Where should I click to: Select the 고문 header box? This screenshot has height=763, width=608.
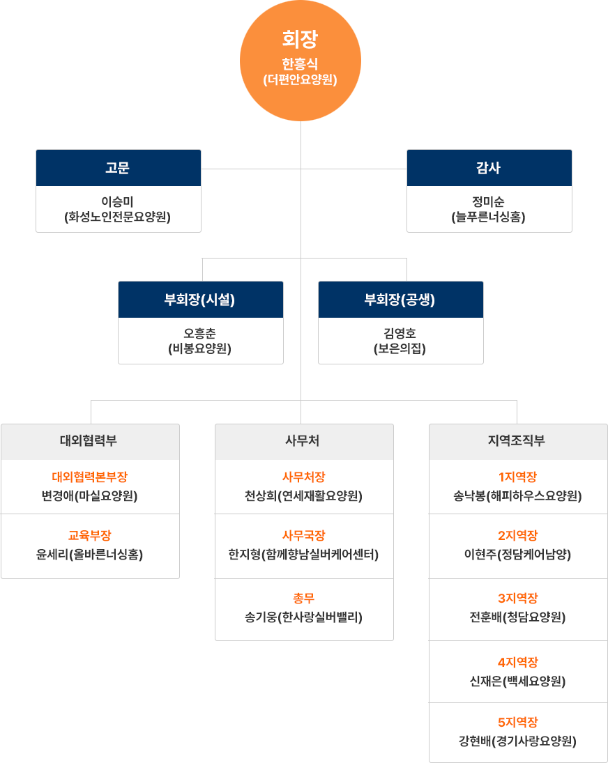(119, 168)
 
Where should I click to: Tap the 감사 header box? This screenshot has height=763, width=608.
(489, 168)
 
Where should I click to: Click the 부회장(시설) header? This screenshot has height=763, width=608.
(200, 300)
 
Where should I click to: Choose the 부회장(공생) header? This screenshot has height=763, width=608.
(400, 300)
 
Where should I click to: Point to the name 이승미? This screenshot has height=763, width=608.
(119, 202)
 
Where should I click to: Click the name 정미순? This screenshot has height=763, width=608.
(489, 202)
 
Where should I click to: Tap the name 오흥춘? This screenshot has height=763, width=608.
(200, 334)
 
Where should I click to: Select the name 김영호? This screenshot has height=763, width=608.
(400, 334)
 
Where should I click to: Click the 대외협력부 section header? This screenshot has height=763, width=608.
(90, 442)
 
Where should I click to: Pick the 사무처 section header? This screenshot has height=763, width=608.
(304, 442)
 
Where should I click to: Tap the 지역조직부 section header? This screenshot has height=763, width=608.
(518, 442)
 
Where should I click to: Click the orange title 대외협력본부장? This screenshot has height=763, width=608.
(90, 477)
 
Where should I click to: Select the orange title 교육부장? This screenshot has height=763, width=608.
(90, 536)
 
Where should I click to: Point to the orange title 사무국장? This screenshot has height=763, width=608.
(304, 536)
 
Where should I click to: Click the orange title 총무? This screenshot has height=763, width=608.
(304, 598)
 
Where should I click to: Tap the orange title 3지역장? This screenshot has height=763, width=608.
(518, 599)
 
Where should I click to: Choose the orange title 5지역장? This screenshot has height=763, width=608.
(518, 723)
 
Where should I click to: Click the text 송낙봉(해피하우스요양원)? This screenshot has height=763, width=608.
(518, 496)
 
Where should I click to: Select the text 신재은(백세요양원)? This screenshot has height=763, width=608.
(518, 681)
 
